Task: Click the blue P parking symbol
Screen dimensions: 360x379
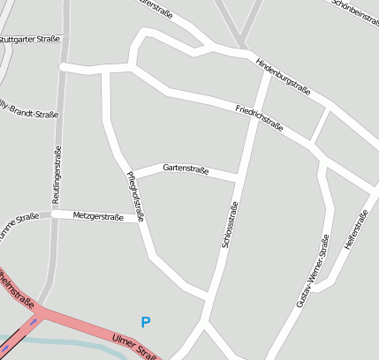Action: click(146, 323)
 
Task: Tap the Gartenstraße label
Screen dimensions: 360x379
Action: click(186, 169)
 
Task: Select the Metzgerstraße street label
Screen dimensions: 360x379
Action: click(97, 215)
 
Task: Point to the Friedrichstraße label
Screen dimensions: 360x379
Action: click(259, 118)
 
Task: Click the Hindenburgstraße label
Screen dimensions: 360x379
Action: click(282, 76)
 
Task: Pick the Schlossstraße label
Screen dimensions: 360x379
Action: click(230, 228)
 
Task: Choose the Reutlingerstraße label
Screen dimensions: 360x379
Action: click(57, 175)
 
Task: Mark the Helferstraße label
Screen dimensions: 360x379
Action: click(357, 231)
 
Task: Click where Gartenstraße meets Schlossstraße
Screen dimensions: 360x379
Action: click(239, 180)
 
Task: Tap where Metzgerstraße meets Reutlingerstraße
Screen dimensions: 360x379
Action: click(56, 214)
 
